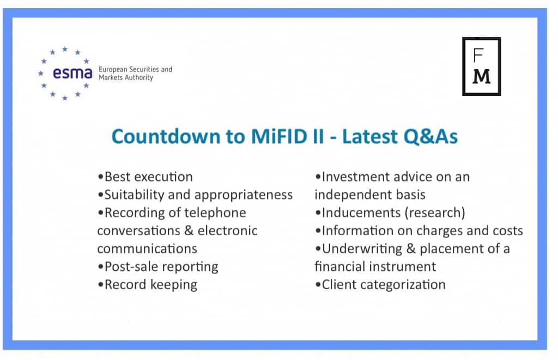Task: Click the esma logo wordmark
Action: (x=72, y=73)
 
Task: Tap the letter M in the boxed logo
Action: (x=482, y=76)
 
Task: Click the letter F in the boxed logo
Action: (x=478, y=55)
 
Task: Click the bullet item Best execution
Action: (x=145, y=177)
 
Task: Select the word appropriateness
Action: (x=244, y=195)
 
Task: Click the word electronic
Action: (x=228, y=230)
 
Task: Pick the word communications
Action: (x=147, y=249)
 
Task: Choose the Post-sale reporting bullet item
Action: (x=158, y=267)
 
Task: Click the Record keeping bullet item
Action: (x=147, y=285)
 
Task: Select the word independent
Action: (x=349, y=195)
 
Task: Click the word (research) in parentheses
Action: (x=434, y=213)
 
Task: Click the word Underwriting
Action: (x=362, y=249)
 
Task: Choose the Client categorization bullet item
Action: (x=380, y=285)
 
